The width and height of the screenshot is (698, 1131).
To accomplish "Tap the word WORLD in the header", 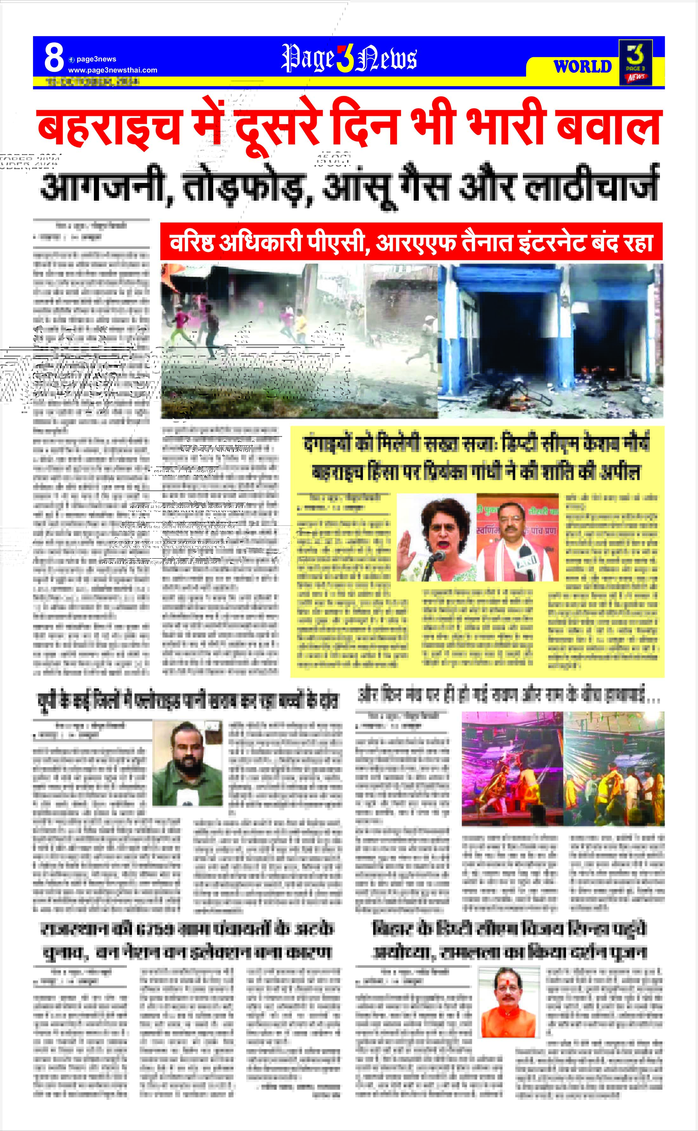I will point(583,67).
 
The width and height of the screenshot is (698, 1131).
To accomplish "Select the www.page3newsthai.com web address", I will point(113,70).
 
